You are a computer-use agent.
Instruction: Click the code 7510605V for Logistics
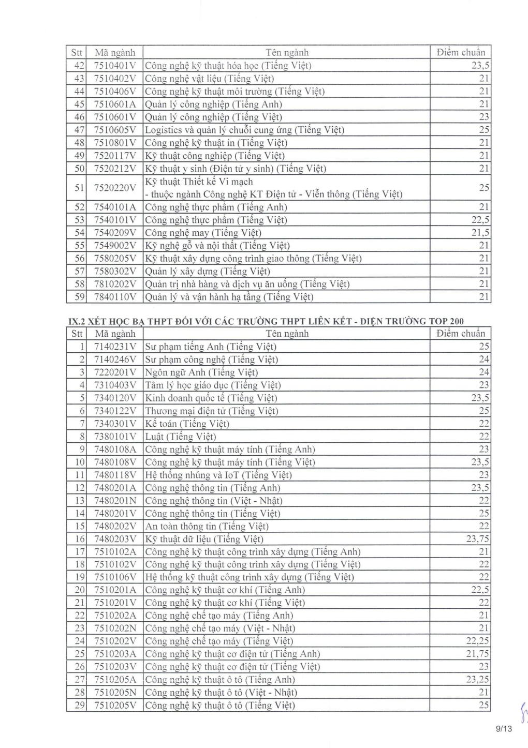coord(114,130)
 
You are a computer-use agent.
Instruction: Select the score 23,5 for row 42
coord(480,66)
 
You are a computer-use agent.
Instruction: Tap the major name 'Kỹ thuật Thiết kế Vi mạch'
coord(199,182)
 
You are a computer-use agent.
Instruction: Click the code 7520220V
coord(114,188)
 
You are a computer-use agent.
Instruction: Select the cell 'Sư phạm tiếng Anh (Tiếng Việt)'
coord(211,347)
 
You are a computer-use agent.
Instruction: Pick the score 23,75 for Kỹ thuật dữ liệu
coord(477,539)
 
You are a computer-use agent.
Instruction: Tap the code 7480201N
coord(114,501)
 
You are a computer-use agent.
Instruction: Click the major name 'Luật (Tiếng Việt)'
coord(181,437)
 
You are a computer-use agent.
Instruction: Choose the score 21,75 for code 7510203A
coord(477,654)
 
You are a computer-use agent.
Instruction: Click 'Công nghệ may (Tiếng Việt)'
coord(203,233)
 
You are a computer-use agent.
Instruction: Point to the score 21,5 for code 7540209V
coord(480,233)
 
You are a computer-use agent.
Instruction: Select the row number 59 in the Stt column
coord(79,297)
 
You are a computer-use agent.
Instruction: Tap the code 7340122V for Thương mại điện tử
coord(114,411)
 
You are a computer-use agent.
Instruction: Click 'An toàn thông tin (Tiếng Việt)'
coord(207,526)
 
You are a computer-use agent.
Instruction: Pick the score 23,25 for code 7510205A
coord(477,680)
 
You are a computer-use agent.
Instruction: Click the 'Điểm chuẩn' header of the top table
coord(461,52)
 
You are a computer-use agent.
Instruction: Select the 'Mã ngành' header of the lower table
coord(114,334)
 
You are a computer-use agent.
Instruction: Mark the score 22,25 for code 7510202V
coord(477,641)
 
